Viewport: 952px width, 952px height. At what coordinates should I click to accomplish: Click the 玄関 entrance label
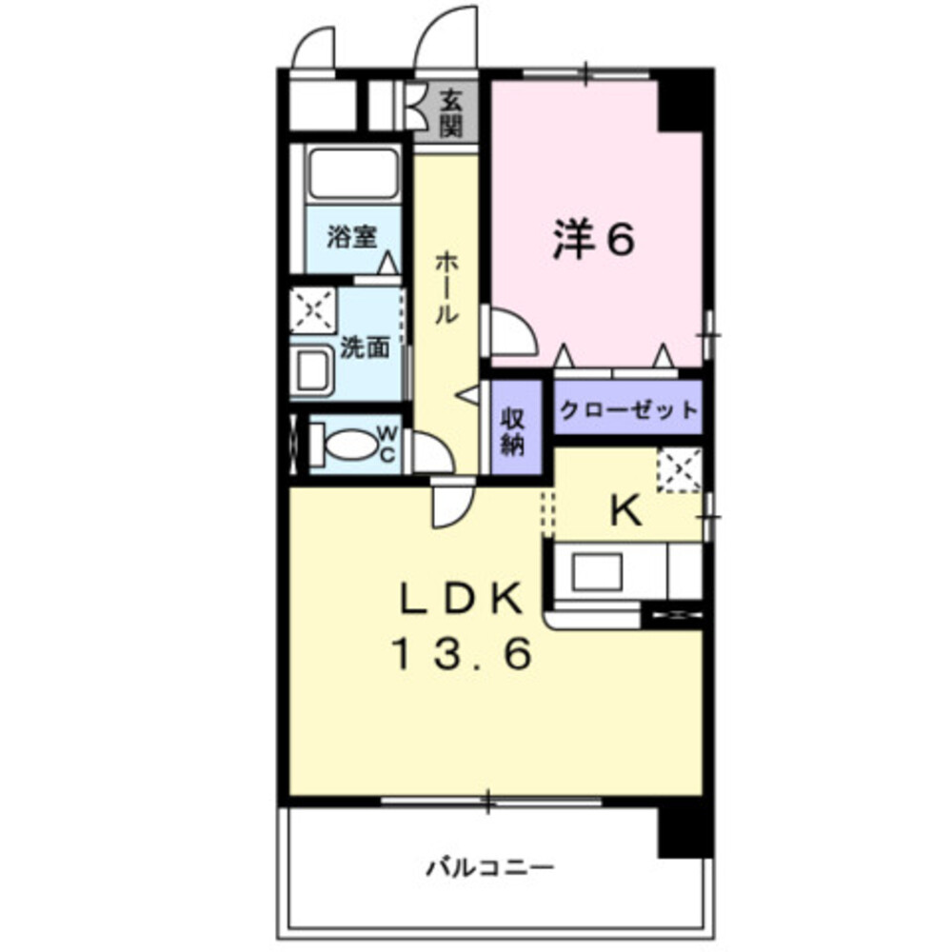tap(450, 111)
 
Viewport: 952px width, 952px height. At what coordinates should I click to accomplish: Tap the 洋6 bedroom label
tap(592, 240)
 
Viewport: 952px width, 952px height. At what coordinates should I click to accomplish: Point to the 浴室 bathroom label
tap(349, 236)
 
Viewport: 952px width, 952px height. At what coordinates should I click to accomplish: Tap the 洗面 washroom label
tap(365, 348)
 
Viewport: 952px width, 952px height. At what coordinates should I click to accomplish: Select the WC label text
tap(387, 445)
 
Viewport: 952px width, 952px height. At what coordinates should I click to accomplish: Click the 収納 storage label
tap(513, 430)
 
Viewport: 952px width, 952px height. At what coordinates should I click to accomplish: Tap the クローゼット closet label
tap(628, 410)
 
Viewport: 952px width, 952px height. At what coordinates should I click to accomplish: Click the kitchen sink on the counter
tap(596, 571)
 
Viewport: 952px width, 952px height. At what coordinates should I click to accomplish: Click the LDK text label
tap(460, 600)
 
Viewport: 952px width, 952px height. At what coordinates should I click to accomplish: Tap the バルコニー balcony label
tap(489, 867)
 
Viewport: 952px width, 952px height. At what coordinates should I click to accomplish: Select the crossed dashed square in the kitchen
tap(679, 471)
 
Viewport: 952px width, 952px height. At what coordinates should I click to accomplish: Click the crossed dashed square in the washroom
tap(312, 308)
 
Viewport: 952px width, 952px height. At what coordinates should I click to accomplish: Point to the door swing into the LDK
tap(451, 506)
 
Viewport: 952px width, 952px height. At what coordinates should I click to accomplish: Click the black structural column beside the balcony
tap(684, 826)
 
